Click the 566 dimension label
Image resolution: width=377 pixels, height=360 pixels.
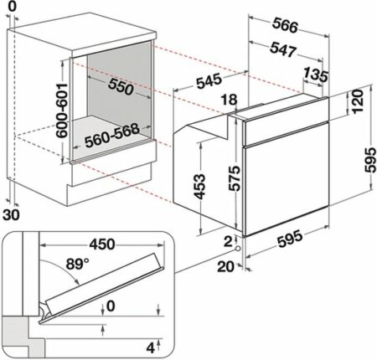(x=285, y=25)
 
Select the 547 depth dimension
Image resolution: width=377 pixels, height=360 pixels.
(x=282, y=49)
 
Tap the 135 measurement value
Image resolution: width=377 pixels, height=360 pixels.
(x=316, y=75)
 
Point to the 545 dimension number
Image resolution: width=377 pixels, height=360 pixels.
(x=209, y=81)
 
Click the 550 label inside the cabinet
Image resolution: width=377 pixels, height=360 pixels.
(x=121, y=86)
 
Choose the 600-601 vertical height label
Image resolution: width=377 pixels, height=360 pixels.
(x=62, y=111)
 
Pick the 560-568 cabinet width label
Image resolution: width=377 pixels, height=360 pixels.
(x=112, y=136)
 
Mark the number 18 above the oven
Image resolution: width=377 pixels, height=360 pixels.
(x=230, y=100)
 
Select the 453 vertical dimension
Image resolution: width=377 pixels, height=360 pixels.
(x=199, y=187)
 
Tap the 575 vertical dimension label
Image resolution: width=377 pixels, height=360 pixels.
(x=234, y=178)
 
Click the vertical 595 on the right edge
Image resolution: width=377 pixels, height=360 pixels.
(x=370, y=160)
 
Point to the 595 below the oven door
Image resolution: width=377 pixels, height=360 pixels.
(x=290, y=238)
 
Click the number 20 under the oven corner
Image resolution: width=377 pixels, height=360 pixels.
(x=225, y=267)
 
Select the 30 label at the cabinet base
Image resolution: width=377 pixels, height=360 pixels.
(x=12, y=215)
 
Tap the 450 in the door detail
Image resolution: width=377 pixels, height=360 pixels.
(x=102, y=244)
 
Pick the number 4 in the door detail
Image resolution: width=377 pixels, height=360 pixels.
(x=150, y=348)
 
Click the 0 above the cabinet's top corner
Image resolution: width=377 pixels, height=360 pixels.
(x=13, y=7)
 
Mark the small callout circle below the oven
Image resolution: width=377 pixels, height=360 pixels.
(x=238, y=249)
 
